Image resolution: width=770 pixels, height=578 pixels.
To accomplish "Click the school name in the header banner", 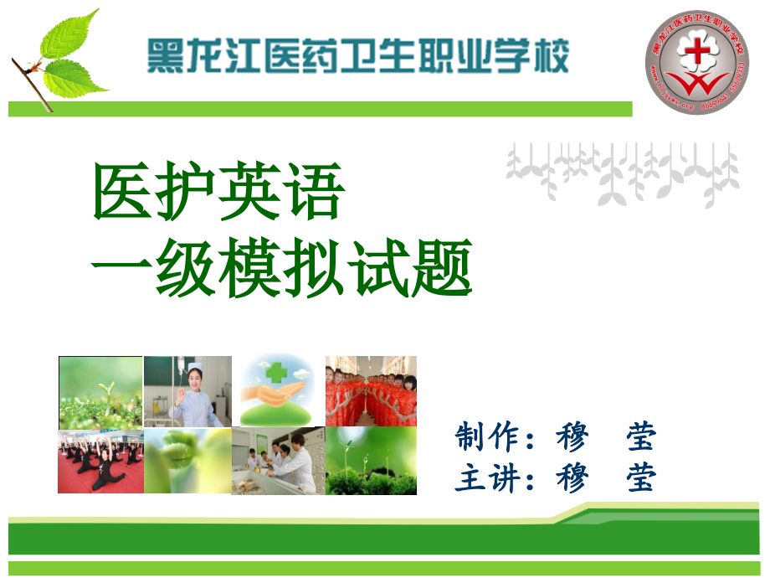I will pos(357,56).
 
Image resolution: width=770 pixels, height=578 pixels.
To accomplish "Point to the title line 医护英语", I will pos(218,192).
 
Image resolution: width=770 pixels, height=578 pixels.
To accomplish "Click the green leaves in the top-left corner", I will pos(67,54).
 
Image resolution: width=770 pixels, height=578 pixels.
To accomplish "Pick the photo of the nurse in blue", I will pos(187,391).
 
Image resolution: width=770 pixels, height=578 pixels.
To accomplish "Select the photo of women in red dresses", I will pos(371,391).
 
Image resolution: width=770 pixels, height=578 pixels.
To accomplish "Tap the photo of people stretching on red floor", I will pos(100,461).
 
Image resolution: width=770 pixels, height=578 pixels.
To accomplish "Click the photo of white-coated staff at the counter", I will pos(279,461).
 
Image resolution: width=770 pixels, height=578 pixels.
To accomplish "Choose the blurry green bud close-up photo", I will pos(187,461).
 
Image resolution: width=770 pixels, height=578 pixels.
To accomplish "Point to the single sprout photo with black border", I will pos(100,391).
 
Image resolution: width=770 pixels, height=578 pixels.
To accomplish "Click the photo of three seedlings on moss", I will pos(371,461).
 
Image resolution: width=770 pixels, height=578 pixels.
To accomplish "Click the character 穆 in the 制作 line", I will pos(572,436).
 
